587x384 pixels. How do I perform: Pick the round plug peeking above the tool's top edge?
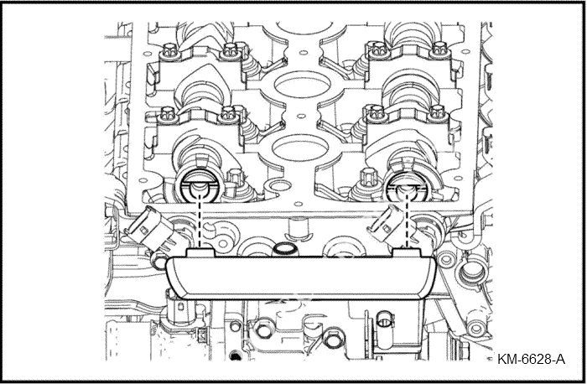coord(285,250)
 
